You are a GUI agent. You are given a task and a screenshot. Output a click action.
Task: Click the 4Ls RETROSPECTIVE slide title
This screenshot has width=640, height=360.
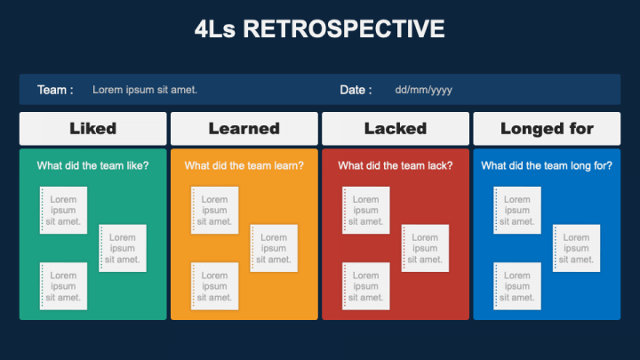tap(319, 29)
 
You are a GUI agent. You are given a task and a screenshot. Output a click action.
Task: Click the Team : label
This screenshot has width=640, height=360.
tap(55, 90)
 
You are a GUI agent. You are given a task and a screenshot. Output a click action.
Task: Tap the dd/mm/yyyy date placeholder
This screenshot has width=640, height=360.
tap(424, 90)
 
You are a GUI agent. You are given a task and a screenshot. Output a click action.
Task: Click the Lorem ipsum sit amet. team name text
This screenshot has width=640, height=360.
tap(145, 90)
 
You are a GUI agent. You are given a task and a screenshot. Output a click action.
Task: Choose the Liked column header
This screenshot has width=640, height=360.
tap(92, 129)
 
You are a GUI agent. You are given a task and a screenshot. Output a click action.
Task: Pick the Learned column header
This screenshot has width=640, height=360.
tap(244, 129)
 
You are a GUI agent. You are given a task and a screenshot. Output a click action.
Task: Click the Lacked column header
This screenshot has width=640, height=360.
tap(396, 129)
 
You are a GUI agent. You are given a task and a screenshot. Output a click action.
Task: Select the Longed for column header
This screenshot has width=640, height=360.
tap(547, 129)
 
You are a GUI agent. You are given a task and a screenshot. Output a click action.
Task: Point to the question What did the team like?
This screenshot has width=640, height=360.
tap(92, 165)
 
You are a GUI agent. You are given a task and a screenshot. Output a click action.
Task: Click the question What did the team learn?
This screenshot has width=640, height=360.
tap(244, 165)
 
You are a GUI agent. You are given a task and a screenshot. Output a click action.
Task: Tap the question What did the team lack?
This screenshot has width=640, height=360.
tap(396, 165)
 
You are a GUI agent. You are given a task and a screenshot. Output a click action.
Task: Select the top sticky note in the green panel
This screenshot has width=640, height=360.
tap(63, 211)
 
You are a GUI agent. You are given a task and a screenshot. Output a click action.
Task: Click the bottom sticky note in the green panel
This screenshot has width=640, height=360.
tap(63, 286)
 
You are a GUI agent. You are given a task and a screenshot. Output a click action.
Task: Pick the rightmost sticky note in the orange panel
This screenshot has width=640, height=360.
tap(274, 248)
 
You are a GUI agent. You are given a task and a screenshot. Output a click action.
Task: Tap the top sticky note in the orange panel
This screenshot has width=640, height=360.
tap(214, 211)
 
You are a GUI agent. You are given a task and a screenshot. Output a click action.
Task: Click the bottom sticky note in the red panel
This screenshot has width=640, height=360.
tap(365, 286)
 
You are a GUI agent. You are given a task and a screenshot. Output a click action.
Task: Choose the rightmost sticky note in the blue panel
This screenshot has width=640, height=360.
tap(576, 248)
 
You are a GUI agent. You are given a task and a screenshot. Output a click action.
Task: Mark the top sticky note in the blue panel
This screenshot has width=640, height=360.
tap(517, 211)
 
